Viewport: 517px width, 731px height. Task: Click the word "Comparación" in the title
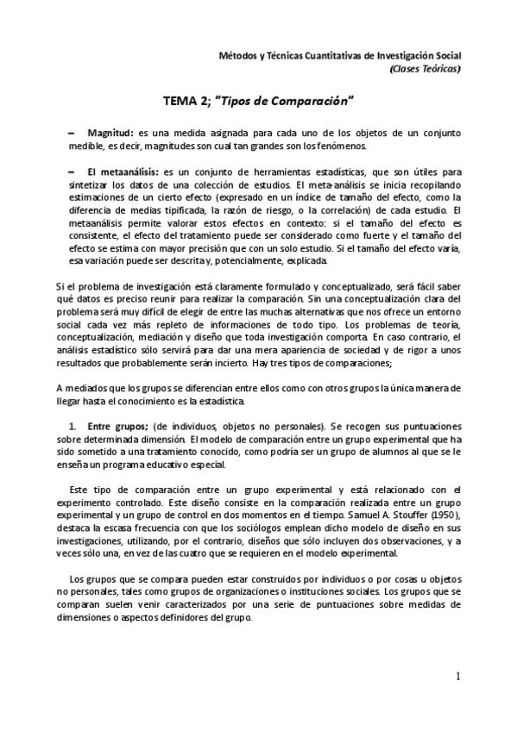(x=306, y=101)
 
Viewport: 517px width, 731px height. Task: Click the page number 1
(x=458, y=678)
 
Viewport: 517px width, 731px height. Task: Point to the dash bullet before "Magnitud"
(x=71, y=134)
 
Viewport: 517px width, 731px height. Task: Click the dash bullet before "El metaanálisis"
(x=71, y=171)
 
